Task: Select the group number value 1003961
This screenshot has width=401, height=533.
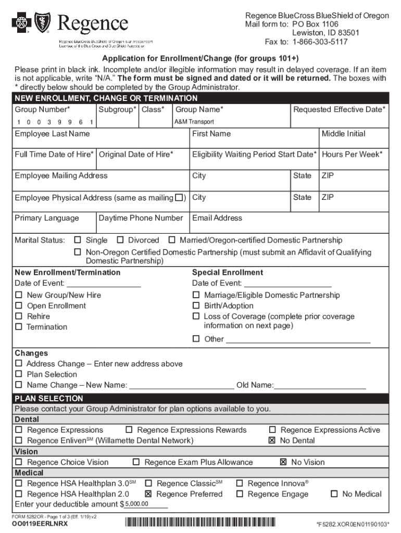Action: (x=54, y=122)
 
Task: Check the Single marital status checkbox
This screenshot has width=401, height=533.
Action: (x=78, y=240)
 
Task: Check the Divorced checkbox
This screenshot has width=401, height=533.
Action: (x=120, y=240)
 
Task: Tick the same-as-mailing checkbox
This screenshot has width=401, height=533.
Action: (x=180, y=198)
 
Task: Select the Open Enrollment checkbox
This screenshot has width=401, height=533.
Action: (x=19, y=306)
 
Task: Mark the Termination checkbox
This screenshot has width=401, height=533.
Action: (x=19, y=327)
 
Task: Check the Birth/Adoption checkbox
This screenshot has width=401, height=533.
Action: (x=196, y=306)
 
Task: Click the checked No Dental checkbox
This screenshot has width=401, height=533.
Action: (x=272, y=440)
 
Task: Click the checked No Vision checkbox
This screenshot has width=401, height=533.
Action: (x=283, y=462)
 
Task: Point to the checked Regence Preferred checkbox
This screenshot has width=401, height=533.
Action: (x=148, y=494)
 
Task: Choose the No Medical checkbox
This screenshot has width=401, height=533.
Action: (x=334, y=494)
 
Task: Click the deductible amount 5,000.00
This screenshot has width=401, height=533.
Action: (x=136, y=504)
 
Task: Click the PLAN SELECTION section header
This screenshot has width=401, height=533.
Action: (x=49, y=398)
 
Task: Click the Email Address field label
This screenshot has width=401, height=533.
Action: (x=217, y=218)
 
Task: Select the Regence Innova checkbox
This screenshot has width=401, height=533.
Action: (x=240, y=484)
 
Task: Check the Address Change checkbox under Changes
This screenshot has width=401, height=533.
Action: (x=19, y=364)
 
